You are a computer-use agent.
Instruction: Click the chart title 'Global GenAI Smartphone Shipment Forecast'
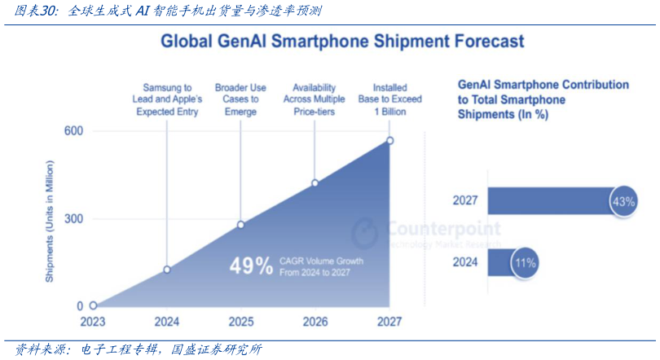coord(341,41)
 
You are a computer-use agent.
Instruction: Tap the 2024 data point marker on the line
coord(167,270)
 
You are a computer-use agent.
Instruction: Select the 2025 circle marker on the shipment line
coord(240,225)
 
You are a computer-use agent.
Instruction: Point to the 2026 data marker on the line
coord(315,183)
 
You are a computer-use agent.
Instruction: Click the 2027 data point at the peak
coord(389,141)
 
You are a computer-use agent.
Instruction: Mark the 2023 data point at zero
coord(93,306)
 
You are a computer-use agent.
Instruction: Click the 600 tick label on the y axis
coord(73,131)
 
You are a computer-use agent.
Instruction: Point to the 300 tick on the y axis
coord(73,219)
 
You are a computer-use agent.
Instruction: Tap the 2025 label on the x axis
coord(240,322)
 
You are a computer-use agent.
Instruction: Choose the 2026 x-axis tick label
coord(315,322)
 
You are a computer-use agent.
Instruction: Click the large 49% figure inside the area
coord(251,266)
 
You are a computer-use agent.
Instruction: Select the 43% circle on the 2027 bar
coord(623,201)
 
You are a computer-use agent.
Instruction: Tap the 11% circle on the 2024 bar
coord(524,263)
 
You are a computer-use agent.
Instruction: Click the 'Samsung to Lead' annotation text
coord(167,99)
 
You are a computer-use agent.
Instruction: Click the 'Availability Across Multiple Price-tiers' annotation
coord(315,99)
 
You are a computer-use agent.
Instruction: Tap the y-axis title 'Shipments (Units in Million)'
coord(51,221)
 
